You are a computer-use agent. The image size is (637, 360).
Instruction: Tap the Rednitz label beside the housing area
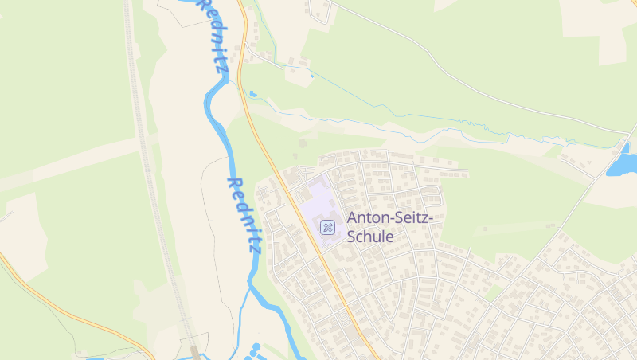coord(244,215)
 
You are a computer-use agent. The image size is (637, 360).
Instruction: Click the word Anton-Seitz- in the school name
coord(389,217)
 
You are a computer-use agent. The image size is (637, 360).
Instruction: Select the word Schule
coord(370,237)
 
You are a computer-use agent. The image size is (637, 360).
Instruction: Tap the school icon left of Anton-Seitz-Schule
coord(327,228)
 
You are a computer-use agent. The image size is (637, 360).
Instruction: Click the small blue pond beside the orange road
coord(252,94)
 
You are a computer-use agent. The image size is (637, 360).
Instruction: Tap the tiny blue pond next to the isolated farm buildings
coord(311,76)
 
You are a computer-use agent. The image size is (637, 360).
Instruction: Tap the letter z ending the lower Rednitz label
coord(254,247)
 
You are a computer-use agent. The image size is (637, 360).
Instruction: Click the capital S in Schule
coord(353,237)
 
